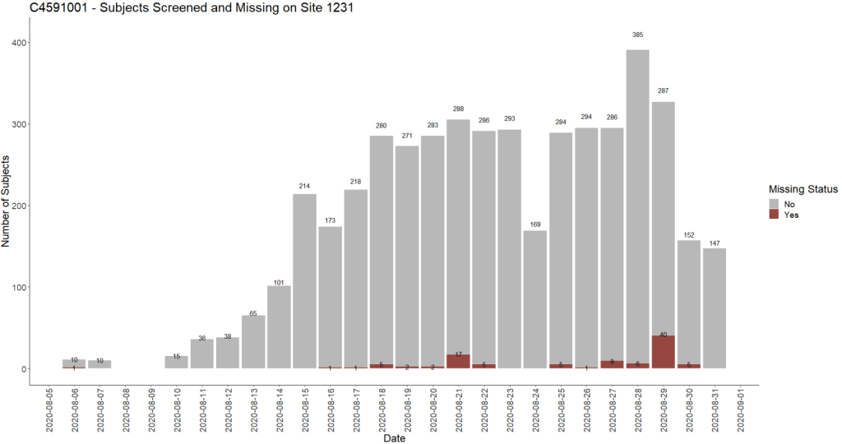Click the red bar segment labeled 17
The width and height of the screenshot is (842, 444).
(x=459, y=361)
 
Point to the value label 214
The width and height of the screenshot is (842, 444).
(x=304, y=187)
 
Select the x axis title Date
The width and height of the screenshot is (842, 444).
(x=395, y=438)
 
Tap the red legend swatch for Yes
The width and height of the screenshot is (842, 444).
(x=775, y=215)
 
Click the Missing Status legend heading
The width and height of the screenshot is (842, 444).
(x=803, y=189)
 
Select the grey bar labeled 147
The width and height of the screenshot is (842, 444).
(x=715, y=308)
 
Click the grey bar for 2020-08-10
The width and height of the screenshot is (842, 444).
(x=177, y=362)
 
